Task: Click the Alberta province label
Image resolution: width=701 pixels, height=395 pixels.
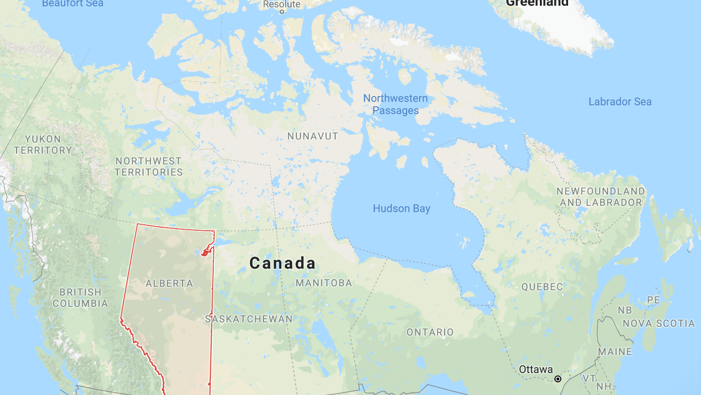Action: pos(169,283)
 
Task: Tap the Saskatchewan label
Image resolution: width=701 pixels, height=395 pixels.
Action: pos(249,319)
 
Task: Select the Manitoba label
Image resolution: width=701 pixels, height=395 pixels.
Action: pos(324,283)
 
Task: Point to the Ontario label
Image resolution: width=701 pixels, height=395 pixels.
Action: pos(430,332)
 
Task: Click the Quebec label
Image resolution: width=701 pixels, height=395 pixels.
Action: pos(542,287)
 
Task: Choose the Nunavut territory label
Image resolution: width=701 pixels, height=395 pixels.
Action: pos(313,136)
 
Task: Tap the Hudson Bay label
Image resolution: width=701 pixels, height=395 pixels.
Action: pos(402,209)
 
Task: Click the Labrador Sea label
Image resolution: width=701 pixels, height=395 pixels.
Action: pos(620,102)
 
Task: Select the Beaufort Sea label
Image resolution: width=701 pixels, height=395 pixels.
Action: pos(73,3)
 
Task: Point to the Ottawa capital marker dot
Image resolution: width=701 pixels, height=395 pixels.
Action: pos(558,379)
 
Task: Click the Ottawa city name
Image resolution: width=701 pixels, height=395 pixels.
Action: pos(535,369)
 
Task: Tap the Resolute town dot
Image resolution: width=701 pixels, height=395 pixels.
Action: pos(281,12)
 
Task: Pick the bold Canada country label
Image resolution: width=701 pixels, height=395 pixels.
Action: pos(283,263)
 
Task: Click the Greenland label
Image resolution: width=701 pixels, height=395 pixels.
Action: pos(537,3)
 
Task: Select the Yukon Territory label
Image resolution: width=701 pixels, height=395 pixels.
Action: pos(43,145)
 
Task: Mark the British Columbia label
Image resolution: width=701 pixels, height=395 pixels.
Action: pos(80,297)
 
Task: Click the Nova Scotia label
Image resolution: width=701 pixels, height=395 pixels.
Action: pos(659,323)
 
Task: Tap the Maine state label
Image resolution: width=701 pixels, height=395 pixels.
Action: pos(615,352)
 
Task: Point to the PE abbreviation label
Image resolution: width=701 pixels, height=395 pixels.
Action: pos(653,299)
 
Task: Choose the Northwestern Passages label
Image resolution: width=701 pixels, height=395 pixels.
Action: pos(395,104)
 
